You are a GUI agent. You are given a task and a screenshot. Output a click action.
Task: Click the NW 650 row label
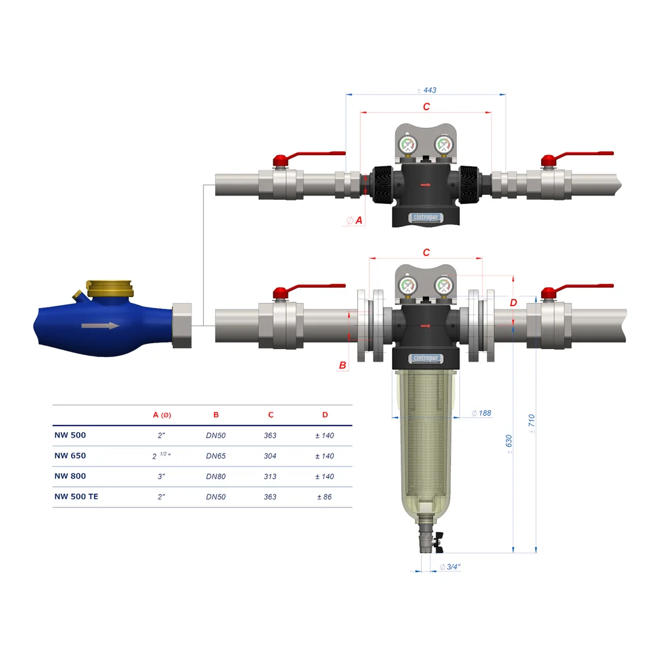pyautogui.click(x=70, y=455)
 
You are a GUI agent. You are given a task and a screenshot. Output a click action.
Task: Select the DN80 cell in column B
pyautogui.click(x=216, y=476)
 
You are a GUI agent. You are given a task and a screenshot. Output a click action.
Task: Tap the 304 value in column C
pyautogui.click(x=270, y=456)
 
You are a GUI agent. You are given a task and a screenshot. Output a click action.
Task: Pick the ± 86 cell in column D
pyautogui.click(x=324, y=497)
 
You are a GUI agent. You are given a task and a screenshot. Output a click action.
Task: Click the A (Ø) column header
pyautogui.click(x=162, y=415)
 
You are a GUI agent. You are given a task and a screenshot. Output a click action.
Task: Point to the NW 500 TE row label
pyautogui.click(x=76, y=496)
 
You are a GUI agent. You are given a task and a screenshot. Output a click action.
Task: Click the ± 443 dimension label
pyautogui.click(x=427, y=90)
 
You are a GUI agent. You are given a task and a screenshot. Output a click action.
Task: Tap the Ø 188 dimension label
pyautogui.click(x=481, y=413)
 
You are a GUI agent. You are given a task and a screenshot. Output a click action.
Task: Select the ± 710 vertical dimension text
pyautogui.click(x=531, y=424)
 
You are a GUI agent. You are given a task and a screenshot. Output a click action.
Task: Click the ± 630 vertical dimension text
pyautogui.click(x=509, y=444)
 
